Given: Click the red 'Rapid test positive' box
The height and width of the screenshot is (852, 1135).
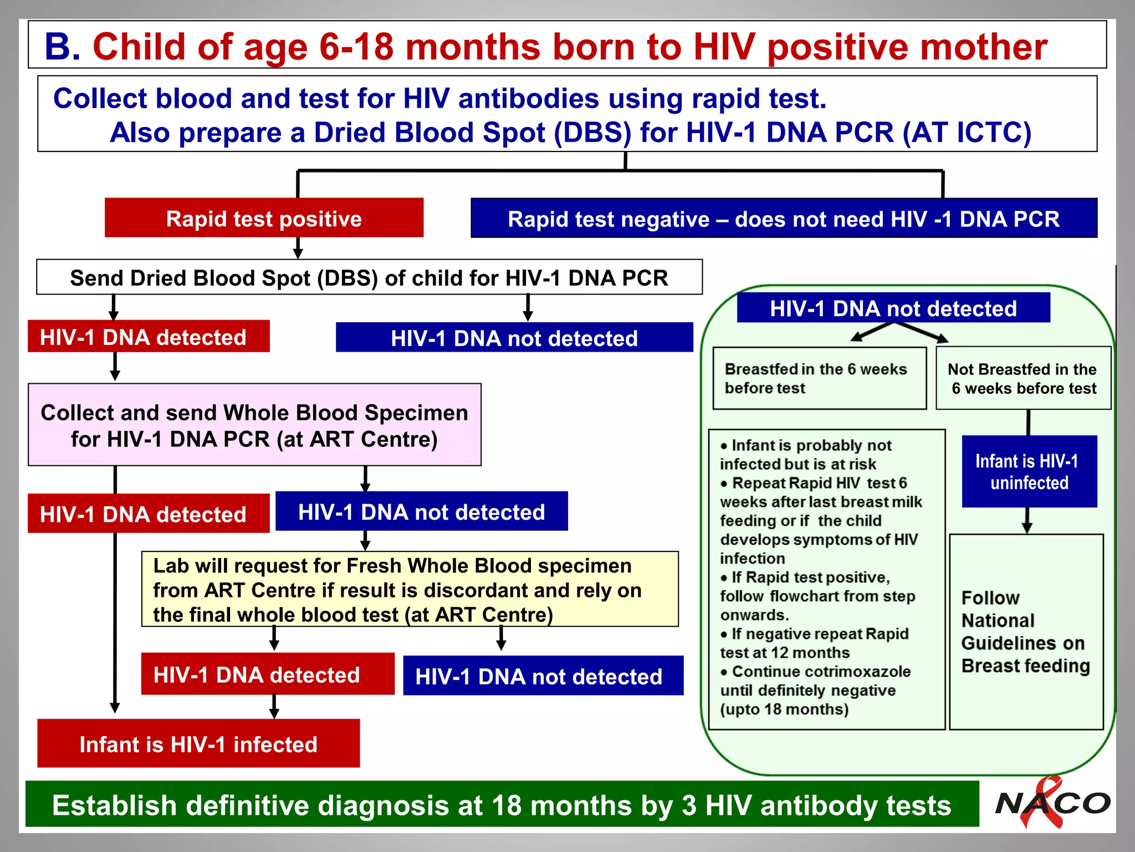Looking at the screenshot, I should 264,218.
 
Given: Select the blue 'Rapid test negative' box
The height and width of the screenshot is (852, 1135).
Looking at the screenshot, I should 784,219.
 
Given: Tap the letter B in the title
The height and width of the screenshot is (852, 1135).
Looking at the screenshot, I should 63,47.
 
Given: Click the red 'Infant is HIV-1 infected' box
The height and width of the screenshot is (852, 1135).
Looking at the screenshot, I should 198,744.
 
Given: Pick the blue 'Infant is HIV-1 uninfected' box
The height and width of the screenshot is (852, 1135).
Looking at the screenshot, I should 1029,471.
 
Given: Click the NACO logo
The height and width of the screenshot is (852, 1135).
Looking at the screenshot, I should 1052,803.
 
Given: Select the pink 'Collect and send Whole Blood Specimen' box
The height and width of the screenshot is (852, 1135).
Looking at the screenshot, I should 254,425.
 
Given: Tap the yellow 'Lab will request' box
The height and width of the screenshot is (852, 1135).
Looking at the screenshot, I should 410,589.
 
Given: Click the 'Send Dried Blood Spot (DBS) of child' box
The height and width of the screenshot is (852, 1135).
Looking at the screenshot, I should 369,277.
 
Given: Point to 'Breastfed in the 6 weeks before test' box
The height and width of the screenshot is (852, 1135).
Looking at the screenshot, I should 819,378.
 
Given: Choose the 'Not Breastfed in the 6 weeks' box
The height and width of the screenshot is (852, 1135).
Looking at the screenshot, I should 1023,378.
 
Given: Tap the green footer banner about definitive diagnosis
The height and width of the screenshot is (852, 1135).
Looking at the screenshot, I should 502,804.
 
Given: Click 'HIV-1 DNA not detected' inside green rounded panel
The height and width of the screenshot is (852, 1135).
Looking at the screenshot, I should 893,308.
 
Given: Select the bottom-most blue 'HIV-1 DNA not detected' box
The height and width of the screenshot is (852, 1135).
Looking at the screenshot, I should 543,676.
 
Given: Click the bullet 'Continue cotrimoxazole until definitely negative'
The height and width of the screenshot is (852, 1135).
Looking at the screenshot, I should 815,690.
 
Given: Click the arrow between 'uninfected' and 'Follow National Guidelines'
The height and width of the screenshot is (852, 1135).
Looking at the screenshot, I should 1027,521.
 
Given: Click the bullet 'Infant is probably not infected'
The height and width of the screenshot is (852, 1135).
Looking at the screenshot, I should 806,454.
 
